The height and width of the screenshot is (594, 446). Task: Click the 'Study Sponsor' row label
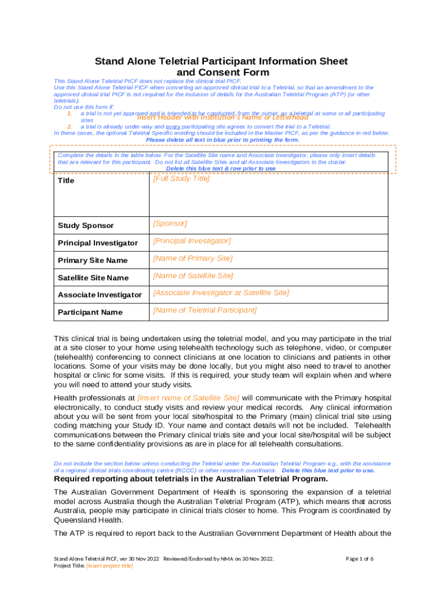(86, 226)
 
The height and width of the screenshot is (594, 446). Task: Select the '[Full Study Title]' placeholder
(181, 179)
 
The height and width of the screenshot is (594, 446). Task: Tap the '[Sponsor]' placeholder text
(170, 223)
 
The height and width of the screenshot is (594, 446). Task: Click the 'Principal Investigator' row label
(98, 243)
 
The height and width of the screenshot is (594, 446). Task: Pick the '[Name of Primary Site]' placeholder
(192, 258)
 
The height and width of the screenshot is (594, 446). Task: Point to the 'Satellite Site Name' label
(93, 278)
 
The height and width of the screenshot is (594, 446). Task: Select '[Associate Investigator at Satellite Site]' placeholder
(221, 293)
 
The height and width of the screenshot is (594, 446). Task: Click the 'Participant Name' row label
(90, 313)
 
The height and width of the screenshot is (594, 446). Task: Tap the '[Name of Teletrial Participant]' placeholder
(204, 310)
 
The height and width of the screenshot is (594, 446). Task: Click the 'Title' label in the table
(67, 181)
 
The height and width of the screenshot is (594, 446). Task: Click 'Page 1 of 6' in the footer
(359, 559)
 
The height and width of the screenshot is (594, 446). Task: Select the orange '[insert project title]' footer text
(109, 566)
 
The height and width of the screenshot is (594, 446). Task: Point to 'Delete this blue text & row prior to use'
(221, 169)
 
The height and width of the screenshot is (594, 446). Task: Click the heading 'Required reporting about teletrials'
(191, 479)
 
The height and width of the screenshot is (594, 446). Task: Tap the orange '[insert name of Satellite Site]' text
(188, 398)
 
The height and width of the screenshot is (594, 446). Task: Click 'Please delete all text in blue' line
(222, 140)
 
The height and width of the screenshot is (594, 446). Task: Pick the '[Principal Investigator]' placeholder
(192, 241)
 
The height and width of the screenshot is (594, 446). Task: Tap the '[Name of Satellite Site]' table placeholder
(193, 276)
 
